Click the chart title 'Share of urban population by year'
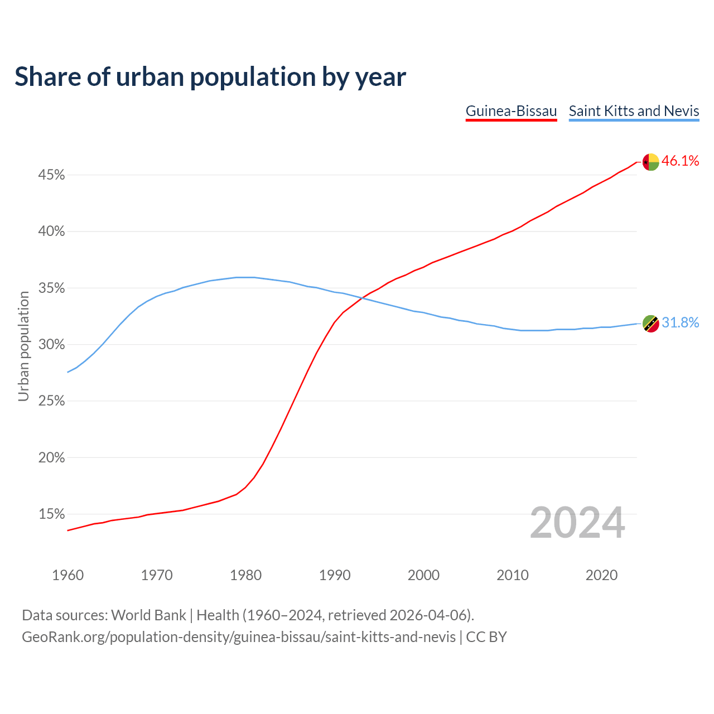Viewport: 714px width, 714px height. pos(210,77)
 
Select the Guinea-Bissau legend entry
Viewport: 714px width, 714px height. pos(511,111)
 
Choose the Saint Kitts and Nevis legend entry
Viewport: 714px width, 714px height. pos(634,111)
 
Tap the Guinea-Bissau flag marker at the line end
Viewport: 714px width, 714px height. pos(650,162)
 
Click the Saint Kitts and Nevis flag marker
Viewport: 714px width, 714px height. pos(650,324)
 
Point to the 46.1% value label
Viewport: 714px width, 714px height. pos(680,161)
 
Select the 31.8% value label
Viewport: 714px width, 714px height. pos(680,323)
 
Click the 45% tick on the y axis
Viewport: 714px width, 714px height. pos(51,175)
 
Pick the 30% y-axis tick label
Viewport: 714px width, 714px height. pos(51,345)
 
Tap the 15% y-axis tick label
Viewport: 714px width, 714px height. pos(51,514)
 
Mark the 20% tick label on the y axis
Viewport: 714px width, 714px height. pos(51,458)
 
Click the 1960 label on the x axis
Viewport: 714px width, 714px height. pos(67,575)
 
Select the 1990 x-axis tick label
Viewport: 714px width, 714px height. pos(335,575)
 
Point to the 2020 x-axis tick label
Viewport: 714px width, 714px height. pos(601,575)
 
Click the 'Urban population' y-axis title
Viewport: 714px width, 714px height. pos(23,346)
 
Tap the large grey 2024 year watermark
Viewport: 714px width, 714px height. pos(577,523)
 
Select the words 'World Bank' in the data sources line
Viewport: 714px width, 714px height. pos(148,615)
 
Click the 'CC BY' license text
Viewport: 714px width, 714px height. pos(486,637)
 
